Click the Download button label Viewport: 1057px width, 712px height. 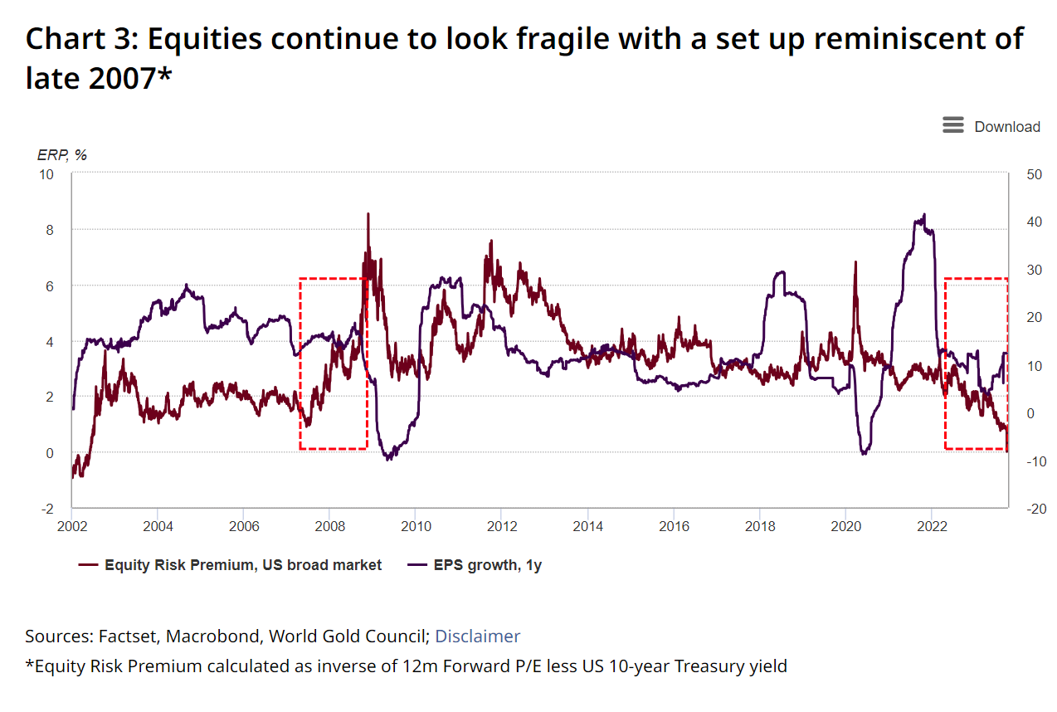point(1006,127)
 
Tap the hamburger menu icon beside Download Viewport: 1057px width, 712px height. point(953,125)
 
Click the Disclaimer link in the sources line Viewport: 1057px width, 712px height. point(477,636)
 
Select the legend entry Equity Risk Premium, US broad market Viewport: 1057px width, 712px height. point(243,565)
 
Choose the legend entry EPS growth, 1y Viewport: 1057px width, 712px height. point(487,565)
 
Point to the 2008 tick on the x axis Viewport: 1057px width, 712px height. point(329,525)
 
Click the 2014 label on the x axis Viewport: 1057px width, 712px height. point(587,525)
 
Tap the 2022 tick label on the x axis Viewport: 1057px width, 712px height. point(931,525)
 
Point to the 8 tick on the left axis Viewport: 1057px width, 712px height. point(49,230)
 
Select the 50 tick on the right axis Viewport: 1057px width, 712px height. point(1034,174)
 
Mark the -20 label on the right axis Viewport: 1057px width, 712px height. point(1034,509)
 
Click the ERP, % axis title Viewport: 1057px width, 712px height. point(62,154)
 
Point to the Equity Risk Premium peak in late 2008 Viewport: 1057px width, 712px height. point(368,214)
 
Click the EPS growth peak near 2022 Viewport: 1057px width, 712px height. point(923,215)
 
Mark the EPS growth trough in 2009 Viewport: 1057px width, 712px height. point(388,458)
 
